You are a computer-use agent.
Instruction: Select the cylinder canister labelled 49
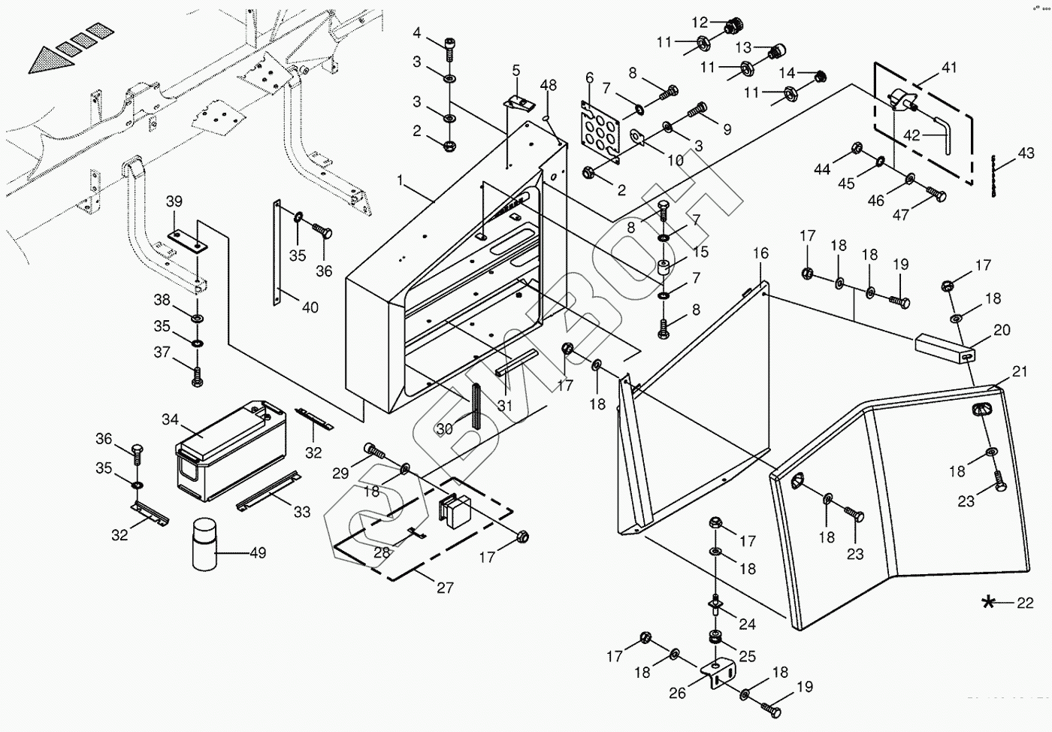coord(204,545)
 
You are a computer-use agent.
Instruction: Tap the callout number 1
coord(401,181)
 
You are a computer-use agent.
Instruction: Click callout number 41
coord(949,68)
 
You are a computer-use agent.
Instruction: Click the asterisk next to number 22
coord(988,602)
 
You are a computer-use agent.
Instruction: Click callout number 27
coord(445,587)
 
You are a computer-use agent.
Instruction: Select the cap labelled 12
coord(728,28)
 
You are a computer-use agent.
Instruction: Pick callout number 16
coord(760,253)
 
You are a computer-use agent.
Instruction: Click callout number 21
coord(1020,371)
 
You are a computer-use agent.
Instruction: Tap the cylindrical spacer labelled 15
coord(664,269)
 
